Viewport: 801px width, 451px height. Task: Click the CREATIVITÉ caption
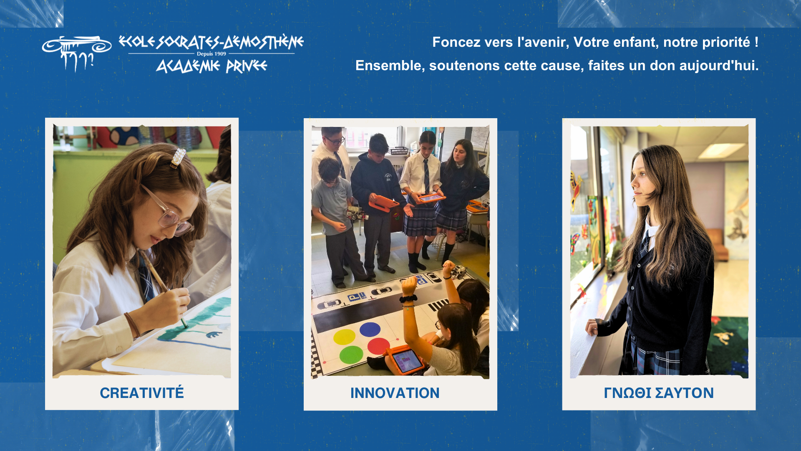click(x=142, y=393)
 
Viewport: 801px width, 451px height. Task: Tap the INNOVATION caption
click(x=395, y=393)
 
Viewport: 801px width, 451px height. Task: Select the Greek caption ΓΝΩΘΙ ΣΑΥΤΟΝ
click(x=659, y=393)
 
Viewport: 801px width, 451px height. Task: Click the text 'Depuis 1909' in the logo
click(x=212, y=54)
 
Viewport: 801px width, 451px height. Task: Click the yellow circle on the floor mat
click(x=344, y=337)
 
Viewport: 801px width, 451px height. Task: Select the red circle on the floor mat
click(x=378, y=346)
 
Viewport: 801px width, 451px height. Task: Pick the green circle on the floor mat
click(x=351, y=355)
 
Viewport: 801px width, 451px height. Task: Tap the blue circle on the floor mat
click(x=370, y=329)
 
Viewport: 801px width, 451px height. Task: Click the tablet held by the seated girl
click(x=405, y=360)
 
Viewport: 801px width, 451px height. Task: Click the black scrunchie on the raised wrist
click(x=408, y=299)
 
